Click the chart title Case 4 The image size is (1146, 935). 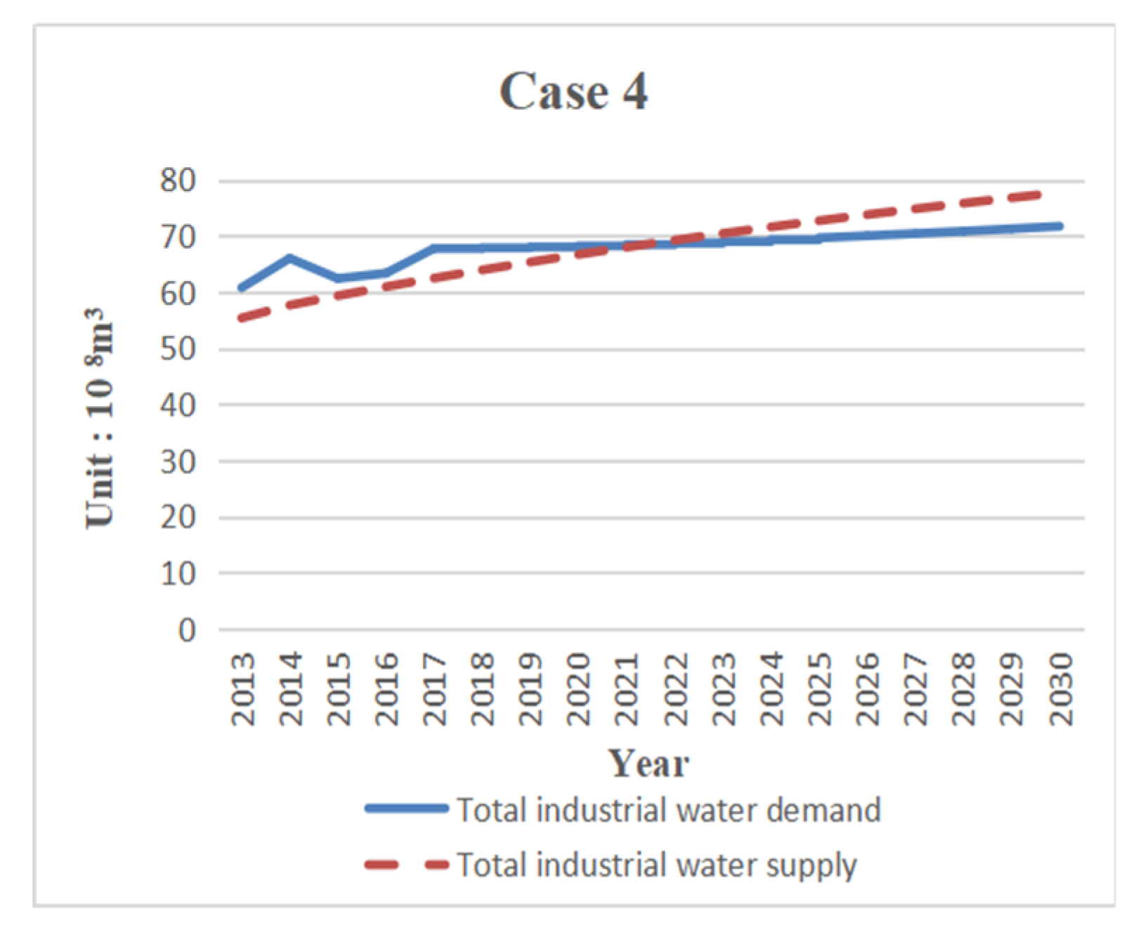click(573, 92)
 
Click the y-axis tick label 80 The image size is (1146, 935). click(178, 182)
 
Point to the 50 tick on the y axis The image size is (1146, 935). click(178, 350)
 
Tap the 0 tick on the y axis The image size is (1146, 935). click(186, 630)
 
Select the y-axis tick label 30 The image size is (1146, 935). click(178, 462)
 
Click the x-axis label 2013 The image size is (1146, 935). click(243, 689)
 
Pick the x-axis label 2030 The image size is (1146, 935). click(1060, 689)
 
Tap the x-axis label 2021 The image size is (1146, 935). click(627, 689)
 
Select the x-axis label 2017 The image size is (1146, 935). click(435, 689)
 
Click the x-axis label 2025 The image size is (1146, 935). click(819, 689)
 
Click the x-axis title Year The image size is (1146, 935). click(648, 764)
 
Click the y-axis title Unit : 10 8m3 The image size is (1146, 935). click(100, 417)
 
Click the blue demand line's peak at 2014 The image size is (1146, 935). click(289, 257)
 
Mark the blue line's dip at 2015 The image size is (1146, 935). click(339, 278)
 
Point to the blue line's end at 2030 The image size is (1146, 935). click(1059, 226)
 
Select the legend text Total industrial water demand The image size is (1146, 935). click(668, 810)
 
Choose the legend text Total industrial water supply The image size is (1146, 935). click(657, 864)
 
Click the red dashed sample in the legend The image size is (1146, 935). click(406, 864)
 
